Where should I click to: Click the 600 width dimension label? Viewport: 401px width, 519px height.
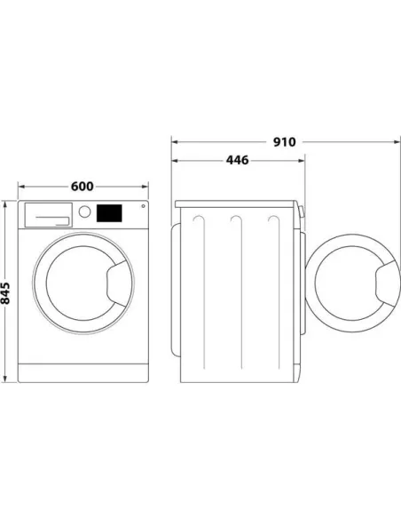coord(82,187)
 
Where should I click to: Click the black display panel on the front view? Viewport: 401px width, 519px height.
coord(108,213)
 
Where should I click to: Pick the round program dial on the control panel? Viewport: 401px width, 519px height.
coord(85,212)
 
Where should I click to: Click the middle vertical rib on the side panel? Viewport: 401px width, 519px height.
coord(236,293)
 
